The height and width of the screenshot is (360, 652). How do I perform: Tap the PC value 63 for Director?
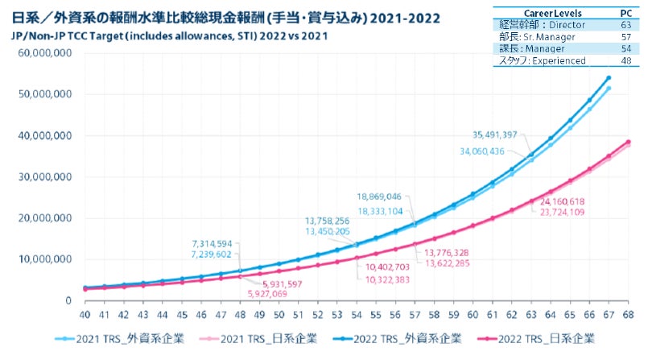[x=625, y=26]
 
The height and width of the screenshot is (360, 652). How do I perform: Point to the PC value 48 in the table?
[x=625, y=61]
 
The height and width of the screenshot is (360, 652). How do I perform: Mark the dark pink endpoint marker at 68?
[x=629, y=143]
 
